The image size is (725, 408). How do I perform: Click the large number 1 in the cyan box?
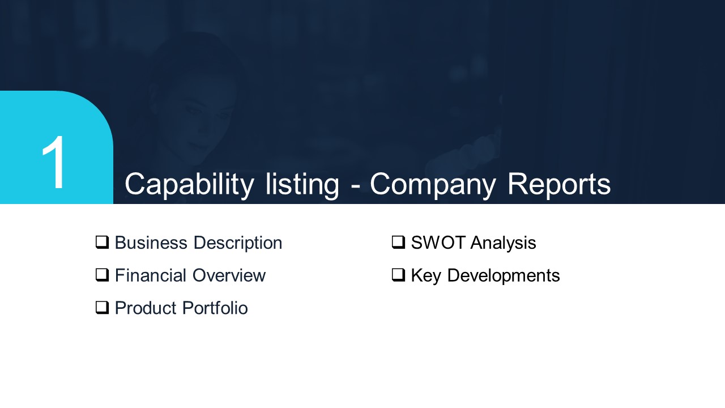(54, 162)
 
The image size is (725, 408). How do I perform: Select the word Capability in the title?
(189, 185)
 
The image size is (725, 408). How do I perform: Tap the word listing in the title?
(302, 185)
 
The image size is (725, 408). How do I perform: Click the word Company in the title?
(432, 185)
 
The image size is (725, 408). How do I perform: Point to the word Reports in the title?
(559, 185)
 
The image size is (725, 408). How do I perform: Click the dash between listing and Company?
(355, 187)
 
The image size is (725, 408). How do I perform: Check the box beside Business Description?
(102, 243)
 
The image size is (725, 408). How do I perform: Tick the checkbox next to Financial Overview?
(102, 275)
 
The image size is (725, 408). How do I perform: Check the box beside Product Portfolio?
(102, 308)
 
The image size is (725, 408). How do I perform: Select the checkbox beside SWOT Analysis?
(398, 243)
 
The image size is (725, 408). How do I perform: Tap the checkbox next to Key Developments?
(398, 275)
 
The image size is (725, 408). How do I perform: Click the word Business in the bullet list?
(151, 243)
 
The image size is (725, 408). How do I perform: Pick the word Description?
(237, 244)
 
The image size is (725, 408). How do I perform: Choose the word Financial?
(151, 275)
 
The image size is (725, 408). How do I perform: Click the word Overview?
(229, 275)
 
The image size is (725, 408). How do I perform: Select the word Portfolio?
(215, 308)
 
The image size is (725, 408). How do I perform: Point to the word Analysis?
(504, 244)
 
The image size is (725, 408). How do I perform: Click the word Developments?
(504, 276)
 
